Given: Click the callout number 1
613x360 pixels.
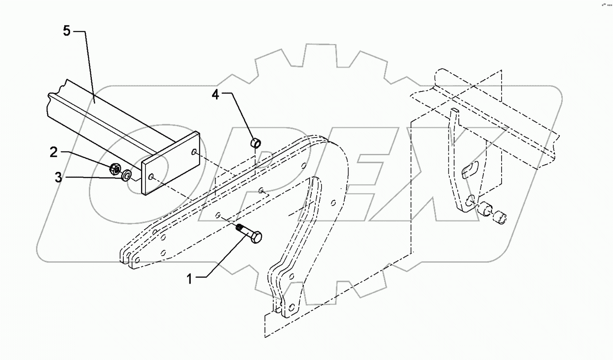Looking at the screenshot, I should pyautogui.click(x=189, y=279).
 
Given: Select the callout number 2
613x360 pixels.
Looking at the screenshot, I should pyautogui.click(x=54, y=153).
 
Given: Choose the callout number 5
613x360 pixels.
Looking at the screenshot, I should pyautogui.click(x=66, y=32).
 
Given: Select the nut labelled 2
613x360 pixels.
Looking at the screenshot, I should pyautogui.click(x=114, y=168).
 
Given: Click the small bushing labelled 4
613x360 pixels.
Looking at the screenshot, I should pyautogui.click(x=256, y=143).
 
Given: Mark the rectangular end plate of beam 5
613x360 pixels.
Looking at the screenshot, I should pyautogui.click(x=171, y=163).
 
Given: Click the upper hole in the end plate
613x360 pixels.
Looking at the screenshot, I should pyautogui.click(x=194, y=152).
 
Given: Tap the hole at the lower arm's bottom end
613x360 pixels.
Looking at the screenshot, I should pyautogui.click(x=291, y=307).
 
